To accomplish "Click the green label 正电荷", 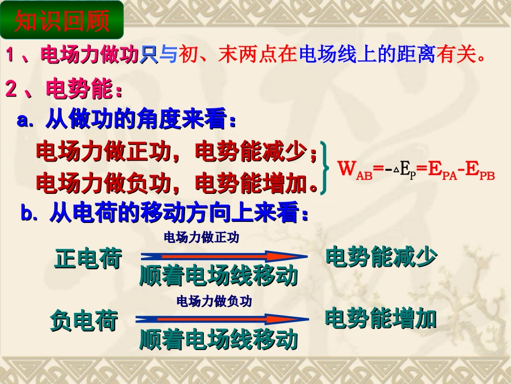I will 88,259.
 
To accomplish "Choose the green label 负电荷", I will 84,321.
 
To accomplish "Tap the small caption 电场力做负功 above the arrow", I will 214,301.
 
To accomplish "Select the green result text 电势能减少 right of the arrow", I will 381,257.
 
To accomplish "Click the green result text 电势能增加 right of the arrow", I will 380,319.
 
